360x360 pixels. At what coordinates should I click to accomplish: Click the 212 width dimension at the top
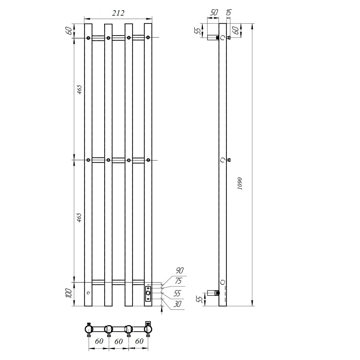(x=118, y=13)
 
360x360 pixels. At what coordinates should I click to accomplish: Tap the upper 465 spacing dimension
(x=79, y=89)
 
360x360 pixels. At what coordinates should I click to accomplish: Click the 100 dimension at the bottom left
(x=68, y=293)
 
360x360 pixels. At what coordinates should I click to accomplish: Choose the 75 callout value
(x=178, y=281)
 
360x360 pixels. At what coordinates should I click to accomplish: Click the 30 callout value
(x=177, y=304)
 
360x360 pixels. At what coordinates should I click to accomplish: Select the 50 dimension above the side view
(x=214, y=12)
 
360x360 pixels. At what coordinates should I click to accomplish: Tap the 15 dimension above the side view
(x=228, y=12)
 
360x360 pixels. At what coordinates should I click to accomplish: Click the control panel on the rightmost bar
(x=148, y=293)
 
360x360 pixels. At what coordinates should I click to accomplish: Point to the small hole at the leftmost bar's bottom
(x=88, y=292)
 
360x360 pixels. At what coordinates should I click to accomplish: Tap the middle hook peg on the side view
(x=228, y=160)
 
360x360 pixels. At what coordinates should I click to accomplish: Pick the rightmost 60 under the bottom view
(x=139, y=342)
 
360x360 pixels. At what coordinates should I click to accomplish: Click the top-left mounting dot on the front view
(x=88, y=38)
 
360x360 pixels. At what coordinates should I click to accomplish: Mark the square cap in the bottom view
(x=148, y=323)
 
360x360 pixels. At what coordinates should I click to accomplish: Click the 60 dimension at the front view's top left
(x=68, y=31)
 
